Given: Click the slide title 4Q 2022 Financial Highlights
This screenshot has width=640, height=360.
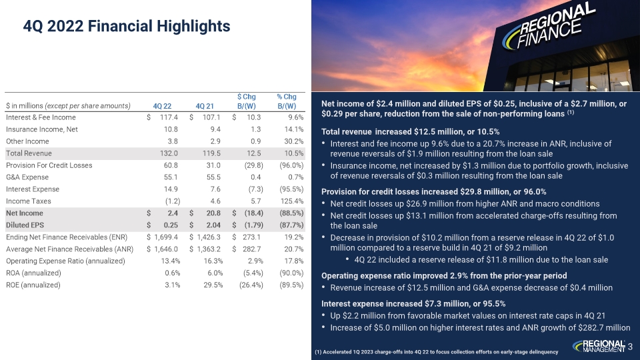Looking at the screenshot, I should [127, 27].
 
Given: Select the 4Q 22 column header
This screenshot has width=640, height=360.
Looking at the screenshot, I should [162, 105].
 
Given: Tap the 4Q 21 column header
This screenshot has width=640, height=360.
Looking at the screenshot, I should [205, 105].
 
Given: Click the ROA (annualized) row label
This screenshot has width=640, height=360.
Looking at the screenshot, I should [31, 273].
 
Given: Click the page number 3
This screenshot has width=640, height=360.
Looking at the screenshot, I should [630, 345].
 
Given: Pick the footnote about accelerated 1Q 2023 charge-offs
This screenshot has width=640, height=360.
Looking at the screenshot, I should [440, 351].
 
